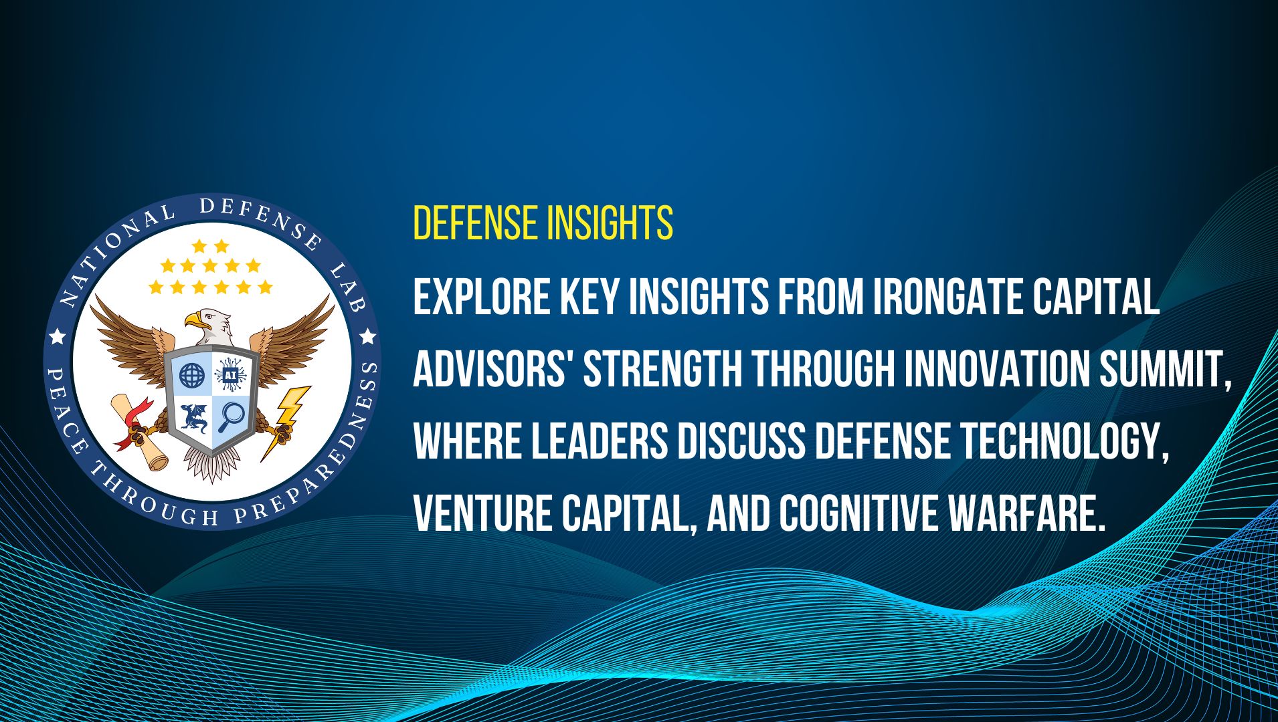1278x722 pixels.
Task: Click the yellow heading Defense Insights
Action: [543, 223]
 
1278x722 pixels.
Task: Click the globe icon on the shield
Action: [192, 376]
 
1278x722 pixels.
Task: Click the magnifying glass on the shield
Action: [232, 417]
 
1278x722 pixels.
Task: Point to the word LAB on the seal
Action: [347, 288]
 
